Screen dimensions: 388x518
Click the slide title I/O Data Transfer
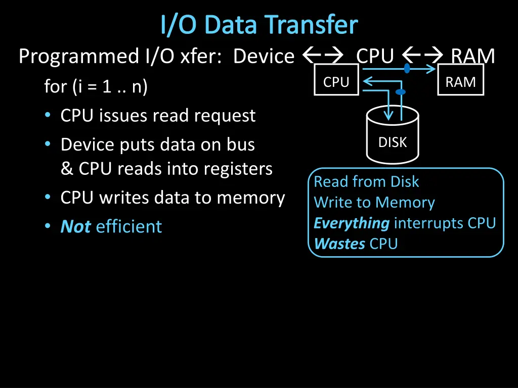(259, 25)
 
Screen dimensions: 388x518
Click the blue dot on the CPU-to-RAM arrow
(407, 68)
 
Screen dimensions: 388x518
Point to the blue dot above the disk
(400, 92)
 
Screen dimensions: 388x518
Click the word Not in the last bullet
(75, 226)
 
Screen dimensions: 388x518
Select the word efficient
(129, 226)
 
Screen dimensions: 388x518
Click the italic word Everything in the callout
(352, 223)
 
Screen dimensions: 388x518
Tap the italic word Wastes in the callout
(339, 244)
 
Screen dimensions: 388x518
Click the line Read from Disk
(366, 181)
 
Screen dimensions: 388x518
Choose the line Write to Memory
(374, 203)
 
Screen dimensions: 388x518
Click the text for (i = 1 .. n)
(96, 87)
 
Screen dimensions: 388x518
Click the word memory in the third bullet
(251, 198)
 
